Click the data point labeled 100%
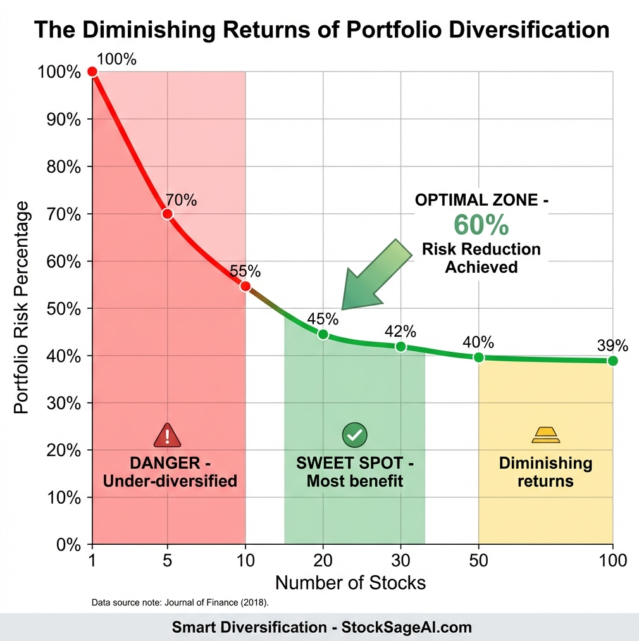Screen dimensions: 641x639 pyautogui.click(x=92, y=72)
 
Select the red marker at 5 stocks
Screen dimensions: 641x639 pyautogui.click(x=167, y=214)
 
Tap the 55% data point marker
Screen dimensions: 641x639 pyautogui.click(x=245, y=286)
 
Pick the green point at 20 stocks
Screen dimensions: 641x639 pyautogui.click(x=323, y=334)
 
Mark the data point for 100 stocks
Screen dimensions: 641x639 pyautogui.click(x=612, y=361)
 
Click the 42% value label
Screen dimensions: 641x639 pyautogui.click(x=400, y=332)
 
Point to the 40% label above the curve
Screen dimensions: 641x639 pyautogui.click(x=478, y=342)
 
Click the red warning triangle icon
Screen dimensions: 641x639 pyautogui.click(x=167, y=435)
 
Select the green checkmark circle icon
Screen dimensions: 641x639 pyautogui.click(x=354, y=435)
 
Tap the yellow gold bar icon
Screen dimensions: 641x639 pyautogui.click(x=545, y=435)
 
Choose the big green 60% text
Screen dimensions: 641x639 pyautogui.click(x=481, y=225)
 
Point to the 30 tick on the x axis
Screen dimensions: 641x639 pyautogui.click(x=400, y=560)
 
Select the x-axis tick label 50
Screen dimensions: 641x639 pyautogui.click(x=478, y=560)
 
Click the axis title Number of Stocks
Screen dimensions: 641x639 pyautogui.click(x=351, y=582)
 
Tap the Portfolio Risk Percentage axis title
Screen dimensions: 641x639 pyautogui.click(x=22, y=308)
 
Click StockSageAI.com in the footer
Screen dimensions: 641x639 pyautogui.click(x=406, y=627)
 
